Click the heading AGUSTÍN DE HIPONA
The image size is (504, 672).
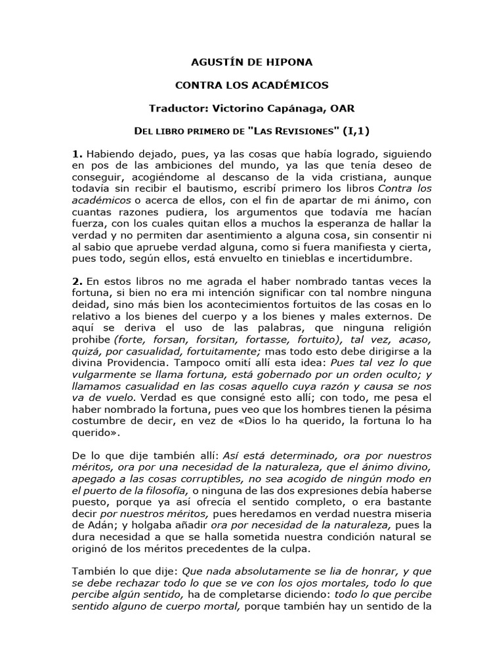tap(251, 62)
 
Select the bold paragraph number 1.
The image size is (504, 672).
tap(77, 153)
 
